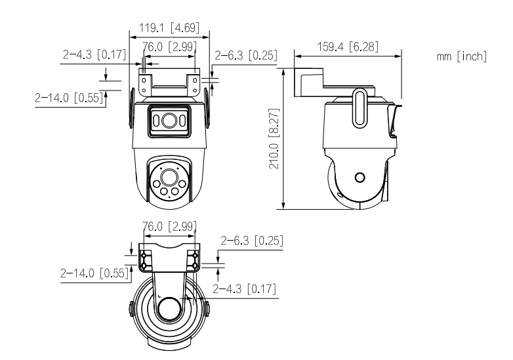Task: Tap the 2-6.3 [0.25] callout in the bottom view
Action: click(x=252, y=241)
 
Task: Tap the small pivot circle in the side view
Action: click(x=359, y=177)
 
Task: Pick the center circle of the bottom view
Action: click(x=170, y=308)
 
